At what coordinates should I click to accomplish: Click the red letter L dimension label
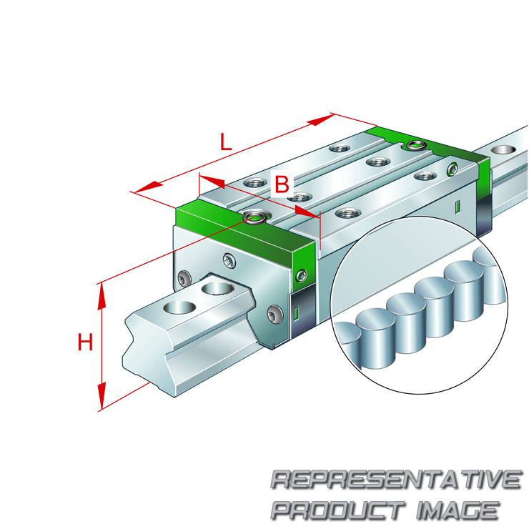[226, 142]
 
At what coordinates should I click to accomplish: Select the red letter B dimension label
[282, 184]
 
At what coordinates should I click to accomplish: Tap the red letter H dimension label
[85, 342]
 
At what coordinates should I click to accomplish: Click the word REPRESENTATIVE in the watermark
[397, 480]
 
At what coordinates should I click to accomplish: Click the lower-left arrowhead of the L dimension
[149, 187]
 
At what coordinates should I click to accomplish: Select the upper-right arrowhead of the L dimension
[320, 120]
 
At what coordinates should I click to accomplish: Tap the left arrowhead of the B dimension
[212, 181]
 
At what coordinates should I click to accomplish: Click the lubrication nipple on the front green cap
[254, 216]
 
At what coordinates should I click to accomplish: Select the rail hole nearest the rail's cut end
[179, 307]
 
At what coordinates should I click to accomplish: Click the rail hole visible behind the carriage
[503, 149]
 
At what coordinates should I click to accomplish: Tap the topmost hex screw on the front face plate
[229, 260]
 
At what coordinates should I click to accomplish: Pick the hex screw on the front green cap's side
[301, 275]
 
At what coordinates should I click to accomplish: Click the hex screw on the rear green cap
[453, 169]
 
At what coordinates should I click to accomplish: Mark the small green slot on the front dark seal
[296, 313]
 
